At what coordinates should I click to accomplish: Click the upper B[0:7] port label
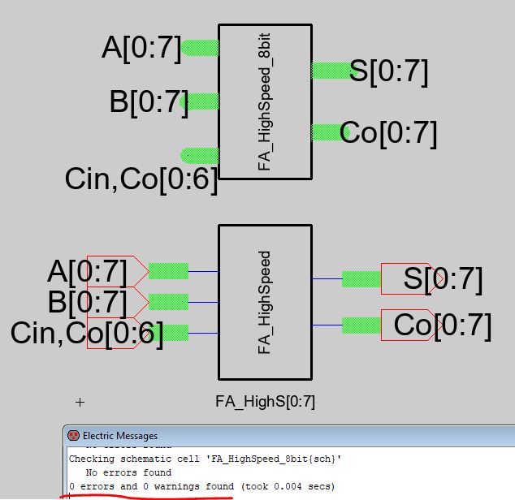[x=149, y=102]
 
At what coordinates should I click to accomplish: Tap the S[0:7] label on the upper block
[x=388, y=71]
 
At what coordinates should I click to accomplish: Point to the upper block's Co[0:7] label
[x=388, y=132]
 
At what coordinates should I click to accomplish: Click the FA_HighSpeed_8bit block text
[x=264, y=101]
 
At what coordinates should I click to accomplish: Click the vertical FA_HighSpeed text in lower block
[x=264, y=302]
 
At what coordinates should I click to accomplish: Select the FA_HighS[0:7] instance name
[x=265, y=401]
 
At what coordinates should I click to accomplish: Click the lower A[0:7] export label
[x=87, y=271]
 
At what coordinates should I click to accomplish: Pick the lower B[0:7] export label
[x=87, y=302]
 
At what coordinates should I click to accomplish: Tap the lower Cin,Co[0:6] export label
[x=87, y=333]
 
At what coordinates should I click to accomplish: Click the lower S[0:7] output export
[x=443, y=280]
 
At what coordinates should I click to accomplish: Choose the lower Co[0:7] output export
[x=443, y=325]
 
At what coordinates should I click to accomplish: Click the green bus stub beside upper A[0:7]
[x=200, y=49]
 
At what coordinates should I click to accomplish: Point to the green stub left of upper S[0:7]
[x=329, y=71]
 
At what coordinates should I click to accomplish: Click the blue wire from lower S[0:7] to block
[x=327, y=279]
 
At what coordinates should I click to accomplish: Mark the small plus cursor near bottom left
[x=80, y=402]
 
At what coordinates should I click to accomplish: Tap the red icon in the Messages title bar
[x=74, y=436]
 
